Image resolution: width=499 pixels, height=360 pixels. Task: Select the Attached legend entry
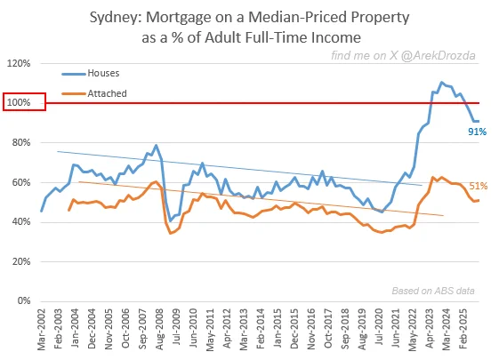pos(94,93)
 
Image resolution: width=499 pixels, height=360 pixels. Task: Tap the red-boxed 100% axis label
pos(24,102)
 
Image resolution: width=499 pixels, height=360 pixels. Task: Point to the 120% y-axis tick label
pos(19,63)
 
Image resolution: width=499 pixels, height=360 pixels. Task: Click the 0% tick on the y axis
pos(24,300)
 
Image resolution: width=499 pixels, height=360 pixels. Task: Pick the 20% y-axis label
pos(21,261)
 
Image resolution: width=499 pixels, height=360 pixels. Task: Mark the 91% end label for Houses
pos(477,132)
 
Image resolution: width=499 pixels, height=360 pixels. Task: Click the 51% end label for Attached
pos(479,186)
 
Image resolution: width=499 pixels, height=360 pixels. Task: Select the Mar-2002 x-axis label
pos(42,330)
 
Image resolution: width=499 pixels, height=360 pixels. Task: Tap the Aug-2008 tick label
pos(160,329)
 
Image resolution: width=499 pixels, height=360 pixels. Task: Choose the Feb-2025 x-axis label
pos(463,329)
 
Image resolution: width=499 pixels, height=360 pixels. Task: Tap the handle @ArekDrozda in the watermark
pos(438,55)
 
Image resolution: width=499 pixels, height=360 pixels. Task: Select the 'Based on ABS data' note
pos(433,291)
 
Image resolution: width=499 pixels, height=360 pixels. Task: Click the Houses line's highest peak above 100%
pos(441,83)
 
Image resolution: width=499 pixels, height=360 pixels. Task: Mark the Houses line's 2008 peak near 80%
pos(156,146)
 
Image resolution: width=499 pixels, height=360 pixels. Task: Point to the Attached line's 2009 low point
pos(170,233)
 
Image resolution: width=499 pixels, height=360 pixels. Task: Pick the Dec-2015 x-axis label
pos(294,329)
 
